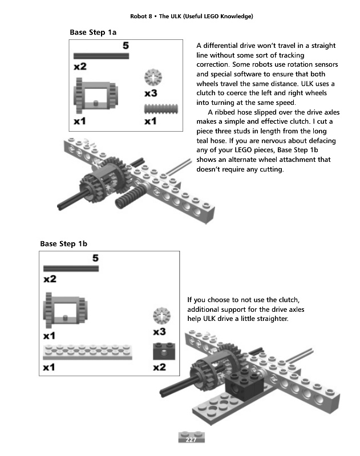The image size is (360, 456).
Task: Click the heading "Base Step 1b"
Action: point(63,244)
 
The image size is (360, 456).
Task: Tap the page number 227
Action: point(191,439)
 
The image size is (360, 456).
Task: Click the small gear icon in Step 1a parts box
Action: point(153,76)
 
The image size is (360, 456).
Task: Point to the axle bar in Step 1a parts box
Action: point(101,56)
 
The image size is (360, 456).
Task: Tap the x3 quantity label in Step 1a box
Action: point(151,92)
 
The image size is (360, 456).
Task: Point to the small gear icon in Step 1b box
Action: point(161,316)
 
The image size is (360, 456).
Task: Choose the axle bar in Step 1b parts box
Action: point(71,268)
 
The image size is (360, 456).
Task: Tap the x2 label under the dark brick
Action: point(160,368)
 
